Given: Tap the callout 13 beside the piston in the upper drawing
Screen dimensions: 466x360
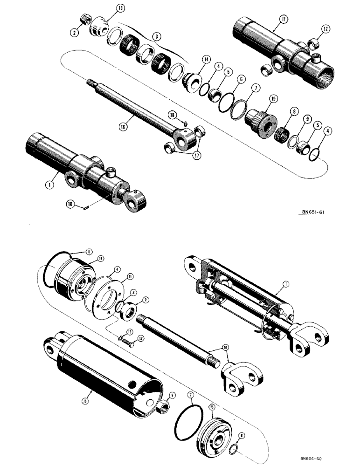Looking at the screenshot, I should (x=108, y=8).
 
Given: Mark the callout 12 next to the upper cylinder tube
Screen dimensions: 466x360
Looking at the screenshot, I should (x=325, y=30).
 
